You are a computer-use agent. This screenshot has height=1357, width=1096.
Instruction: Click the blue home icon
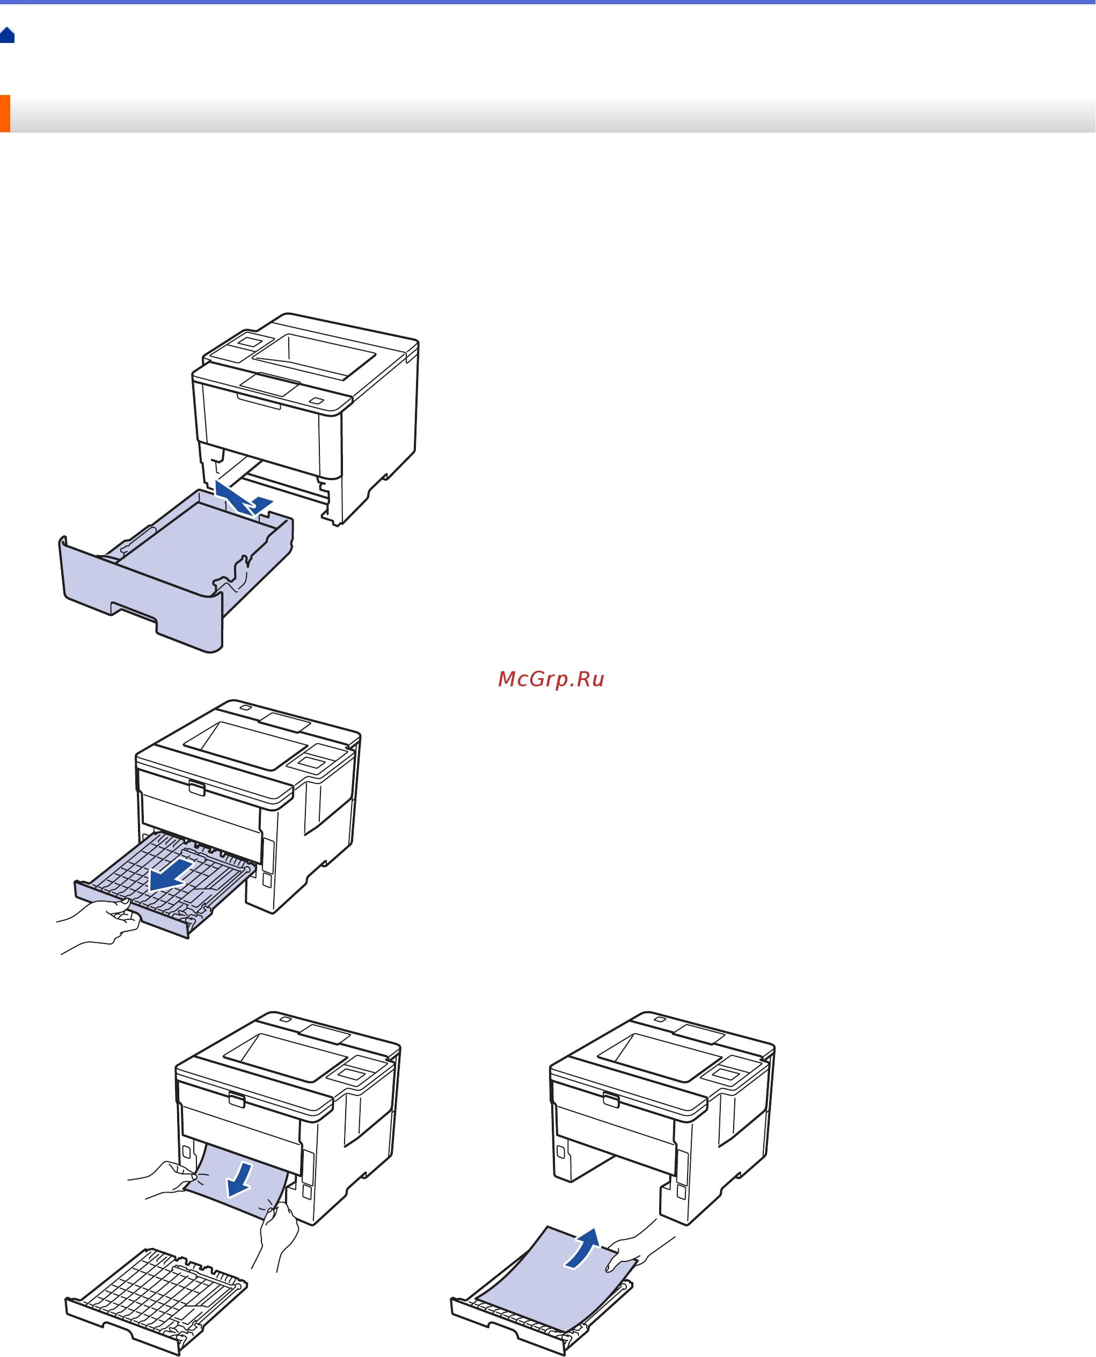[x=8, y=35]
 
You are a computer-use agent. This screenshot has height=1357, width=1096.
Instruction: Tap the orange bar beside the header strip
[x=5, y=114]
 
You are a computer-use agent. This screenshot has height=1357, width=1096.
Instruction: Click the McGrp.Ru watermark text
[x=551, y=679]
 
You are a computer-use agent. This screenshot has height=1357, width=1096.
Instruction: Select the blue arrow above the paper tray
[x=243, y=498]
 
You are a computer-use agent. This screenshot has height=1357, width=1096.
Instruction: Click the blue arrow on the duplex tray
[x=170, y=875]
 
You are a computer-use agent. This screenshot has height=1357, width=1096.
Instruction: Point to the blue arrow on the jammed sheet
[x=240, y=1180]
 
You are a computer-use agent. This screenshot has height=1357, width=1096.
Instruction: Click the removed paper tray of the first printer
[x=171, y=575]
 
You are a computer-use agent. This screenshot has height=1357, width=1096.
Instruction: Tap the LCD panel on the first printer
[x=251, y=342]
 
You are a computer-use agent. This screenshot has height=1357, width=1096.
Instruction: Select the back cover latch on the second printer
[x=196, y=788]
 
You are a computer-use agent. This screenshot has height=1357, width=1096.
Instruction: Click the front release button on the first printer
[x=316, y=401]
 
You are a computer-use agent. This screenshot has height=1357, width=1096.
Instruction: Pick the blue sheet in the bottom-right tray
[x=549, y=1289]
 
